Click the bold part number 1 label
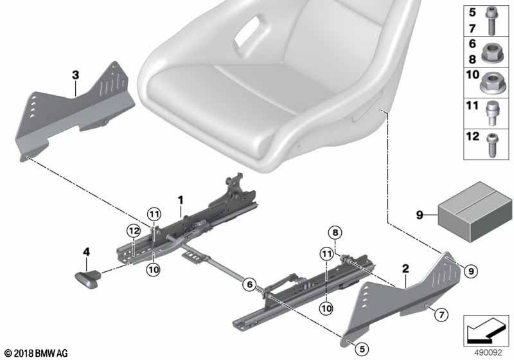click(181, 201)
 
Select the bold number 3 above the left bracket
click(75, 76)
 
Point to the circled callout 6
click(248, 281)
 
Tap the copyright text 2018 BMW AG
click(35, 353)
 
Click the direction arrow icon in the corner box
click(486, 330)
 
